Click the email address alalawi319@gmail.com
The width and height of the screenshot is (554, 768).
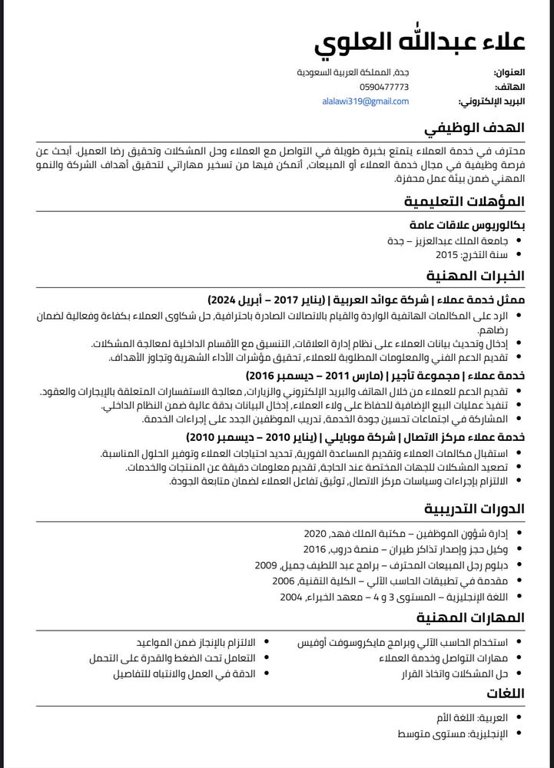(366, 101)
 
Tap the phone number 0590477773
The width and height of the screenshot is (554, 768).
(385, 87)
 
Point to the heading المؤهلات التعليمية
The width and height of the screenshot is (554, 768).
(465, 202)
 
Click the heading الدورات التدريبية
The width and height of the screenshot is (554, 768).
(474, 509)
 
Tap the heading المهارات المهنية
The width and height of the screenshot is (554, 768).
(471, 617)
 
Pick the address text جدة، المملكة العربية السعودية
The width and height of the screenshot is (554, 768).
(353, 71)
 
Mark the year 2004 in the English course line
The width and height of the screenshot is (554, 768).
(291, 597)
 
